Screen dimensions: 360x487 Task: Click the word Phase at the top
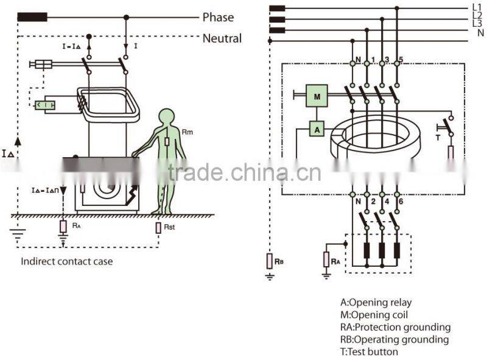coord(217,18)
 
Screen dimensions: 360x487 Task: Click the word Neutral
coord(222,38)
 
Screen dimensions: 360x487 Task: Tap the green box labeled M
coord(317,95)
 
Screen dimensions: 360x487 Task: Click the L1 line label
coord(477,7)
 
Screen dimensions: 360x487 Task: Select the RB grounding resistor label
coord(279,261)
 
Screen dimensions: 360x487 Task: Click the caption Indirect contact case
coord(66,261)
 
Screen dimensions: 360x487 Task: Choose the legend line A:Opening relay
coord(376,303)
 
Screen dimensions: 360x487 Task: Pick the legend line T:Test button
coord(369,351)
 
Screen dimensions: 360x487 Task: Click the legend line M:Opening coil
coord(374,315)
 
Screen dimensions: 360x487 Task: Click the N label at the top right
coord(480,33)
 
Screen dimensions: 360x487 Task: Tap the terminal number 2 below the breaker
coord(370,202)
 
